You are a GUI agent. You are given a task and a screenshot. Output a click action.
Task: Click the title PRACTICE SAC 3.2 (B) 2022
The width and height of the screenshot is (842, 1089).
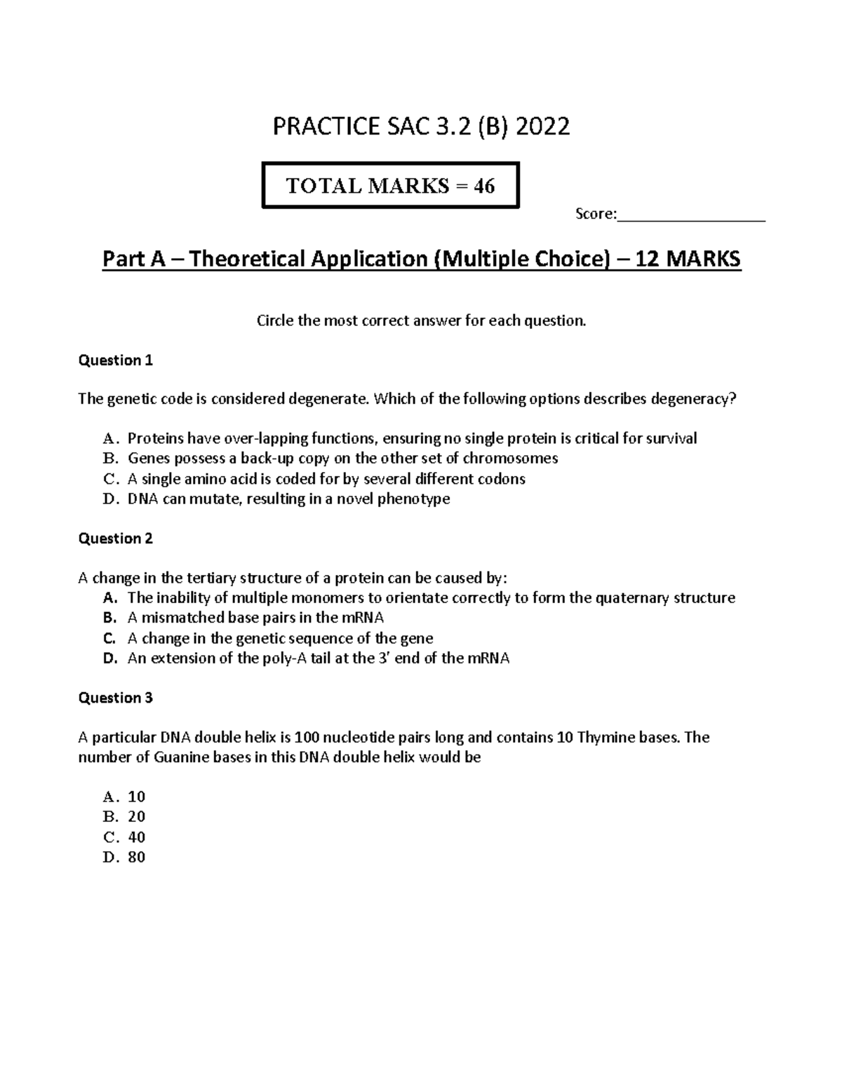click(x=421, y=127)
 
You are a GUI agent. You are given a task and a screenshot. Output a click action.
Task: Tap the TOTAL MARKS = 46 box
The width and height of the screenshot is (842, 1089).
click(x=390, y=185)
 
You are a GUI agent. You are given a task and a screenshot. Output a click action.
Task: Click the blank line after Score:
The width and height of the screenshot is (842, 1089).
click(x=690, y=215)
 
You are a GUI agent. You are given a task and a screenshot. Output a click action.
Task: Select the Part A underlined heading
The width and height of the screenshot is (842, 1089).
click(x=421, y=259)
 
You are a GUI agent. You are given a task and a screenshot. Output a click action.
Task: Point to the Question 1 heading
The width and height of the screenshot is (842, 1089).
click(x=115, y=360)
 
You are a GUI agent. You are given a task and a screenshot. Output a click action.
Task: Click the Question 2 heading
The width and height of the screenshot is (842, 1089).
click(x=115, y=539)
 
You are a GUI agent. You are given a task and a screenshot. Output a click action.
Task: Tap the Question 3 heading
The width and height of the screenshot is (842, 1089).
click(x=115, y=698)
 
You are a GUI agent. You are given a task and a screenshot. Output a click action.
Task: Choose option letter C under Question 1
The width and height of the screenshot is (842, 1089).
click(x=109, y=479)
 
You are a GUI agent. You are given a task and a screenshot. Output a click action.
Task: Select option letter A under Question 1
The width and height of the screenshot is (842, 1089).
click(x=109, y=439)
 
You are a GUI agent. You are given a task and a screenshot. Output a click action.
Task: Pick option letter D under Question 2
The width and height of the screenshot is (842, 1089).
click(x=109, y=658)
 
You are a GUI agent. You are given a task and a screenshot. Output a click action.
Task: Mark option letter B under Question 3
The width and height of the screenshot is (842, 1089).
click(x=109, y=817)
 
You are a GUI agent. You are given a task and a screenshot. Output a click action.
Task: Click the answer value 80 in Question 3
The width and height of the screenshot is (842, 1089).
click(x=136, y=857)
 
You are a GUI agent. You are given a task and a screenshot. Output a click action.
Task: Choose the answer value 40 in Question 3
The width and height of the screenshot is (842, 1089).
click(x=136, y=837)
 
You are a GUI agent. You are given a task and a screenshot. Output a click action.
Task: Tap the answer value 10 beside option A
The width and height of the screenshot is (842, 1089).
click(x=136, y=797)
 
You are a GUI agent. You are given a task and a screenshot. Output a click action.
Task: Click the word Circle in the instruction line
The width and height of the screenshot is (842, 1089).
click(x=272, y=321)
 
